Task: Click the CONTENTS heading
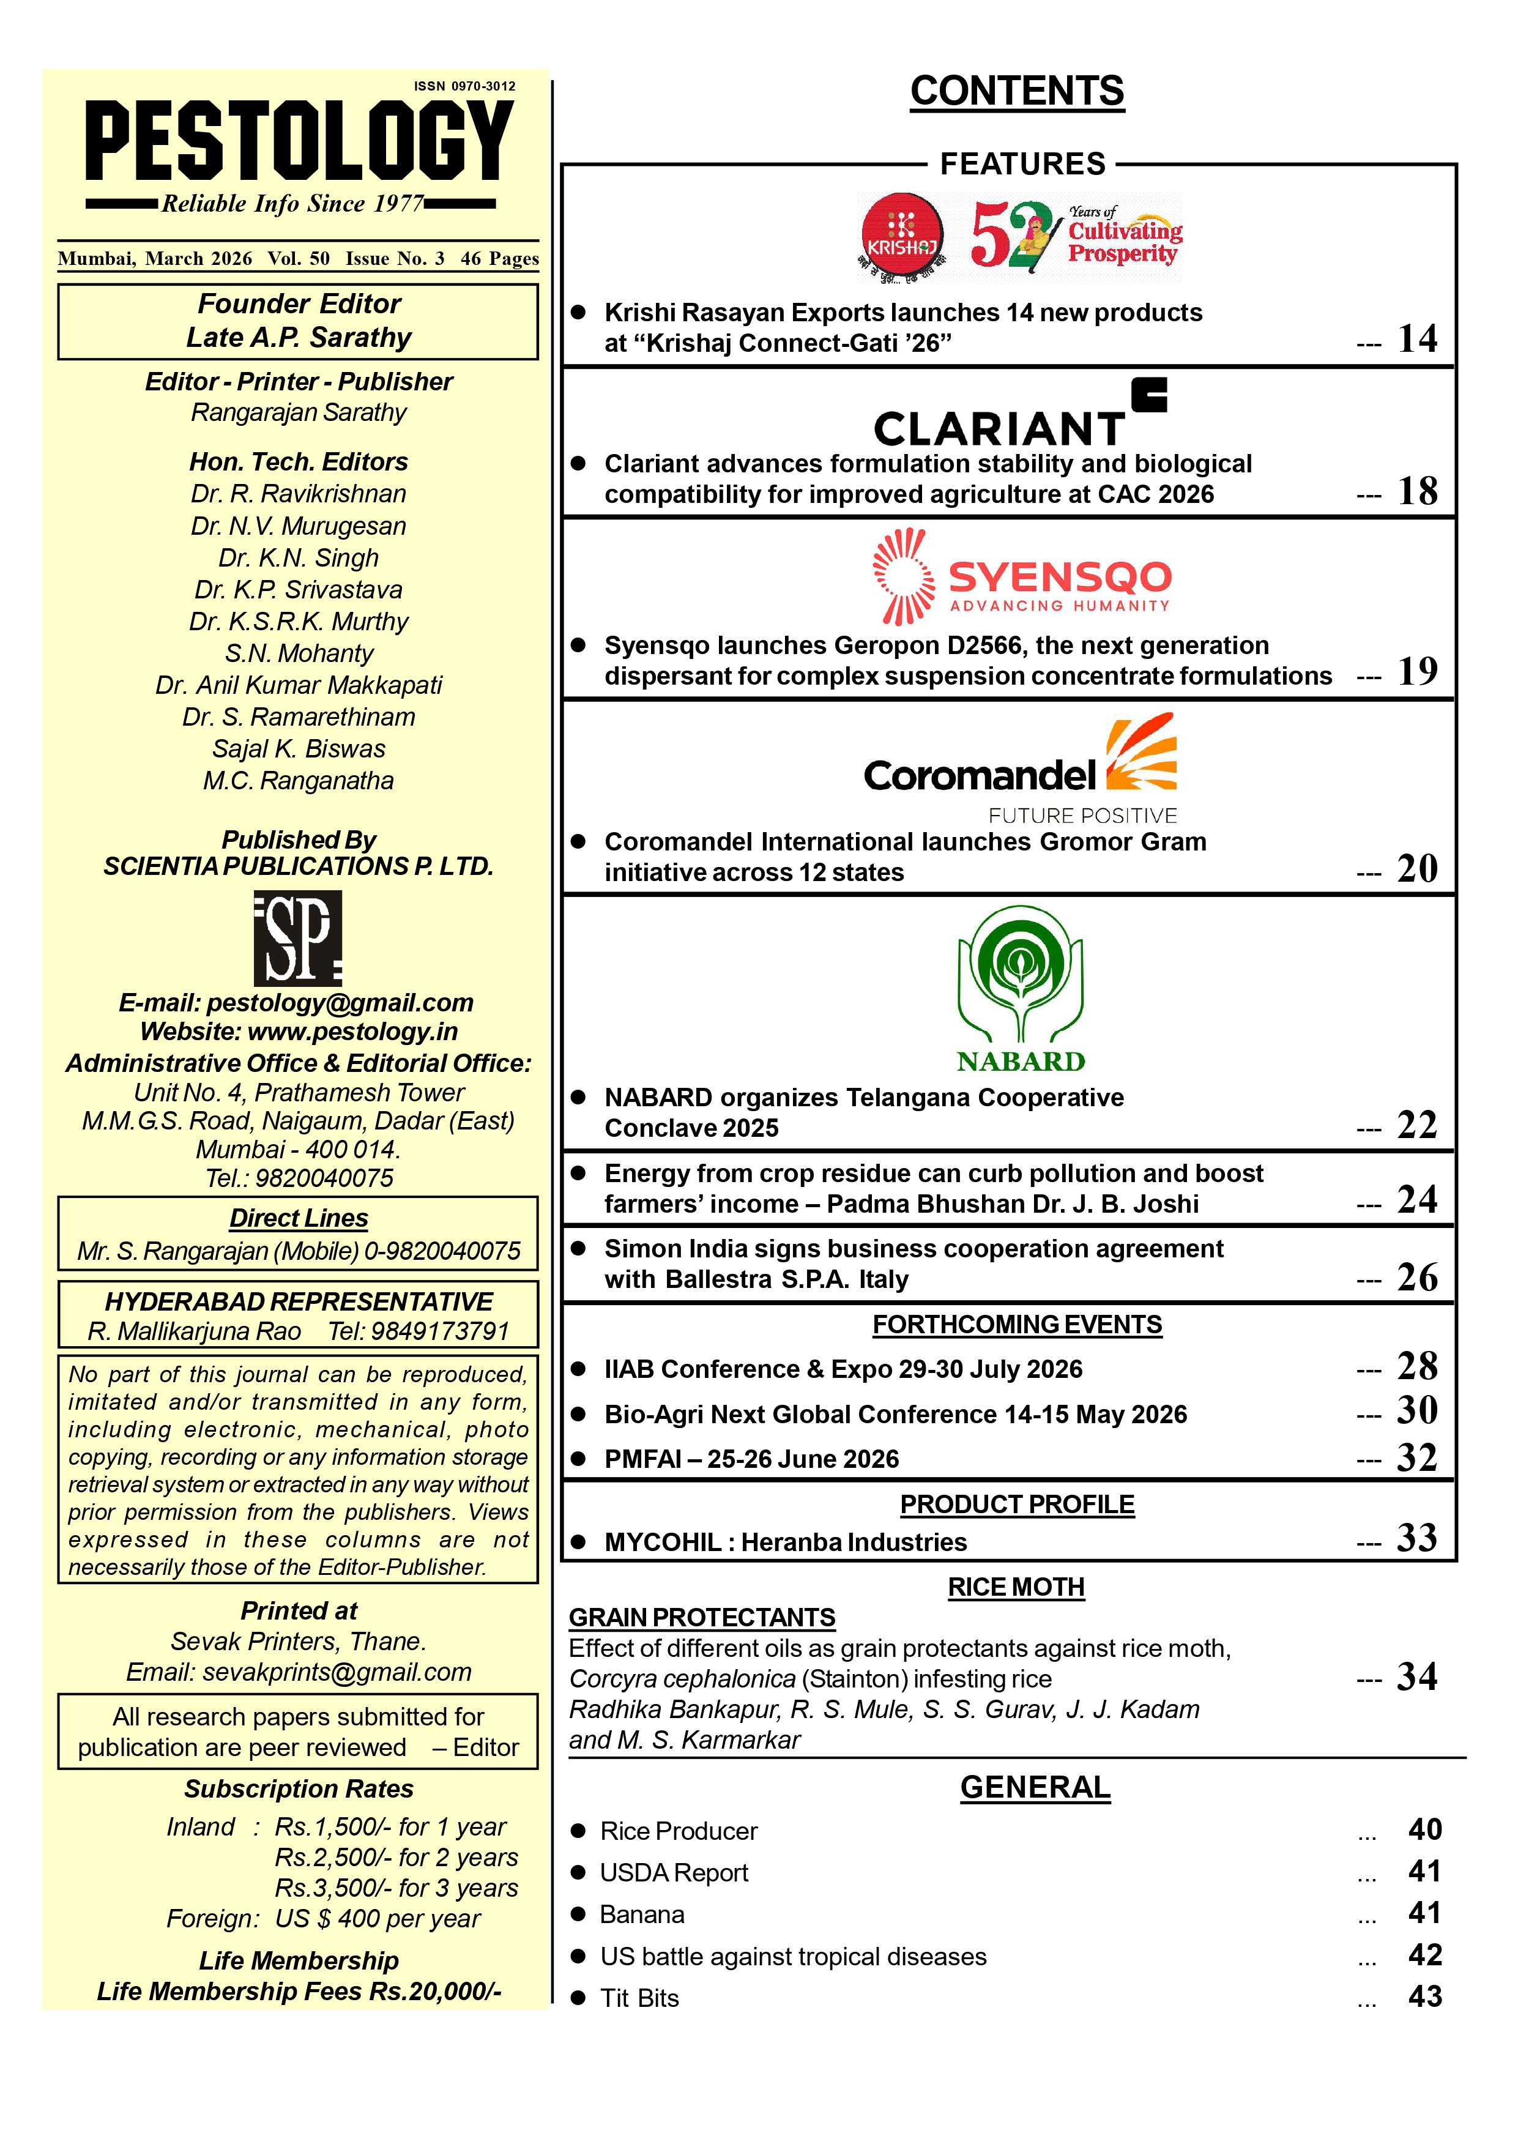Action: point(1017,92)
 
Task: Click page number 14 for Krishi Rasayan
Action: point(1417,338)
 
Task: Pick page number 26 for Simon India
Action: point(1417,1278)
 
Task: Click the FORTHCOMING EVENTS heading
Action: point(1017,1325)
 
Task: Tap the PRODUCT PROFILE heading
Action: point(1017,1505)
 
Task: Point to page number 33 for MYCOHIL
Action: point(1417,1538)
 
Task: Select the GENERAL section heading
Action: point(1035,1788)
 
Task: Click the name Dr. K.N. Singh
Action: point(299,558)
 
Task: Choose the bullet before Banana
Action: point(579,1914)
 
